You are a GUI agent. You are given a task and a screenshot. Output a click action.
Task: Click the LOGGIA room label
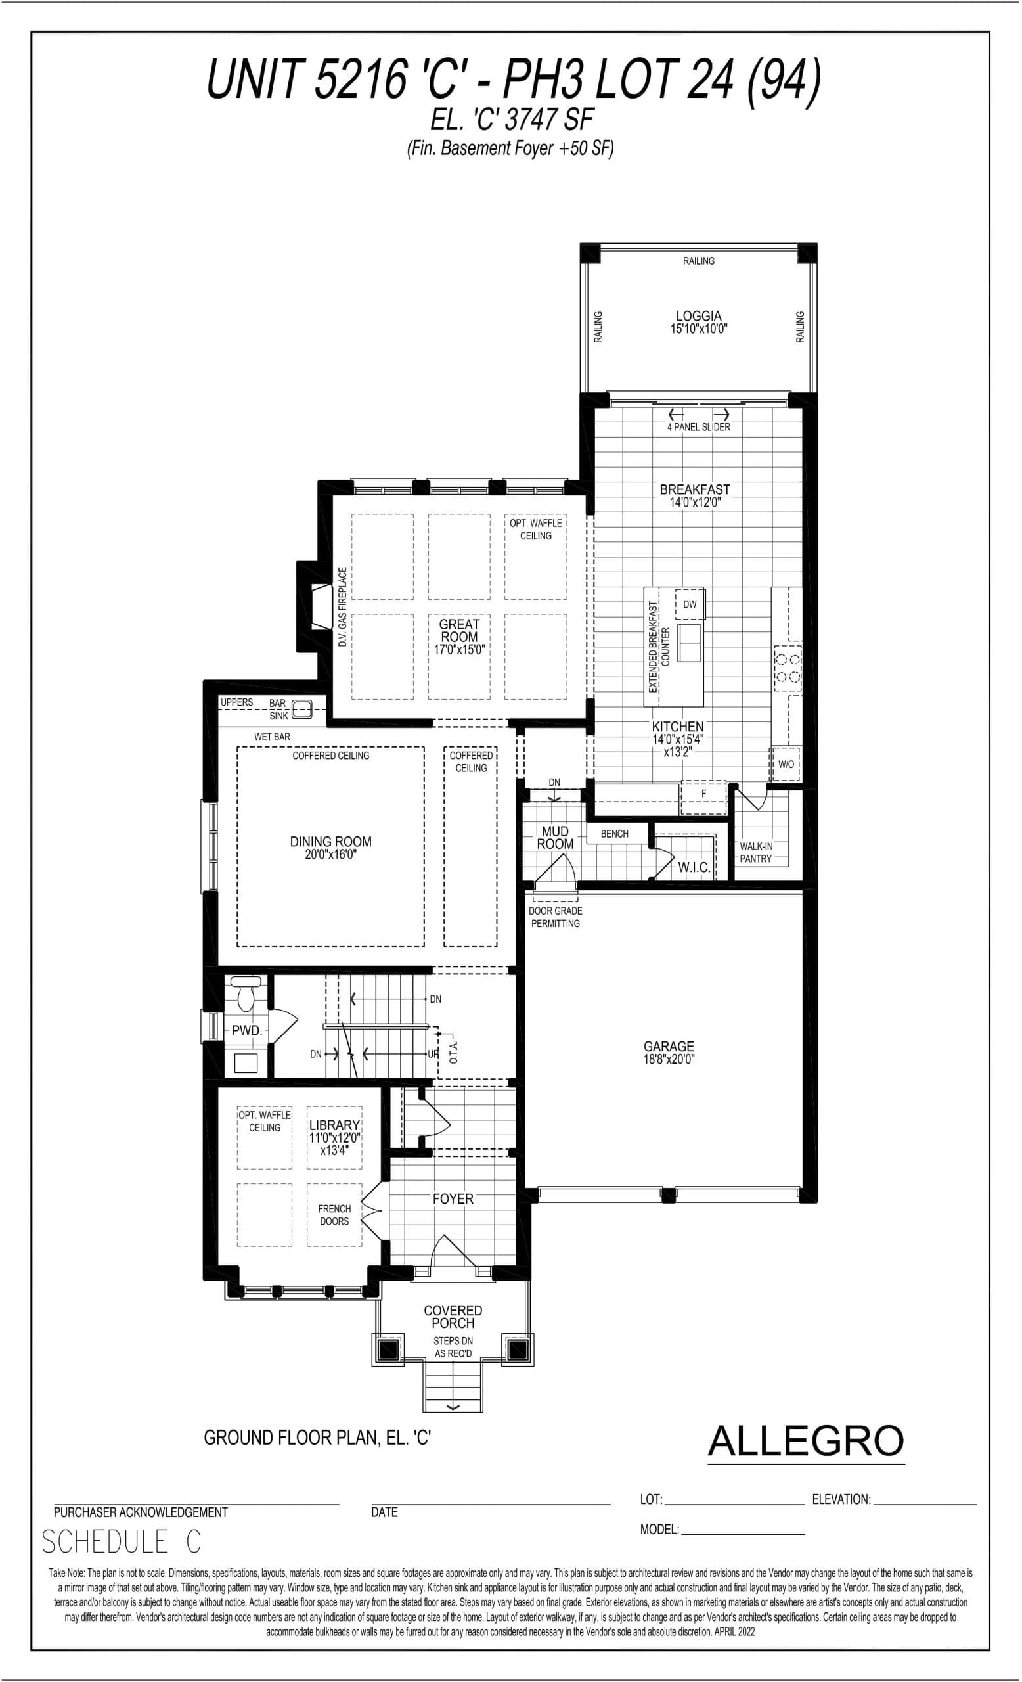click(698, 316)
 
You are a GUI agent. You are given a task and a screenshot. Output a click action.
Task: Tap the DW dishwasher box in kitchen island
click(690, 604)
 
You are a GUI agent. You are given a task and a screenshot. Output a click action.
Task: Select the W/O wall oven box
click(786, 764)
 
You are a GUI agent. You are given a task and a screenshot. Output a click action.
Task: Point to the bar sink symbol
click(301, 710)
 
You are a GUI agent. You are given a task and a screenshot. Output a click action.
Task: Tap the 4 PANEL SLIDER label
click(698, 427)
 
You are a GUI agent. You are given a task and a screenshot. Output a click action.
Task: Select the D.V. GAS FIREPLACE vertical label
click(342, 607)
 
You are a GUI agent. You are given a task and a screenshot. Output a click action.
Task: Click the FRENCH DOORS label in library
click(334, 1215)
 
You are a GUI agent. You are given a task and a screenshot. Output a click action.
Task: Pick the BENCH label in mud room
click(614, 834)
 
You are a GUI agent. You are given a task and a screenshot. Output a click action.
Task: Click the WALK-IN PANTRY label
click(756, 853)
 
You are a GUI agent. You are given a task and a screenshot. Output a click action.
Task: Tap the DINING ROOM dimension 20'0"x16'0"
click(331, 855)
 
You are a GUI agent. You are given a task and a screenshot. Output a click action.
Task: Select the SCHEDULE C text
click(122, 1542)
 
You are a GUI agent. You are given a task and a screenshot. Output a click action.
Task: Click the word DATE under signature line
click(384, 1512)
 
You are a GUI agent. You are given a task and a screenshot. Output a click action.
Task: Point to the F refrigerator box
click(703, 794)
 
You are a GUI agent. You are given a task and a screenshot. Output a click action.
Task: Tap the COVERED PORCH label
click(453, 1317)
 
